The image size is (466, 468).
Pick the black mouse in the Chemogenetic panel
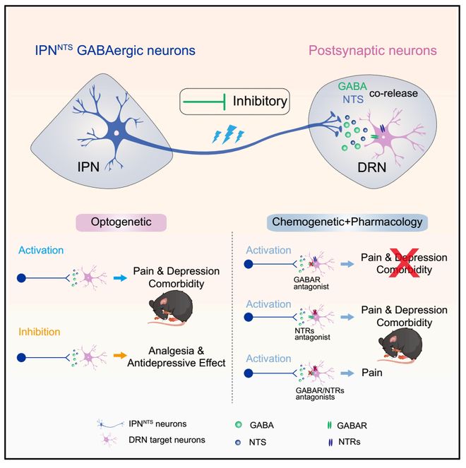click(398, 347)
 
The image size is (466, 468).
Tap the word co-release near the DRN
click(412, 92)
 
